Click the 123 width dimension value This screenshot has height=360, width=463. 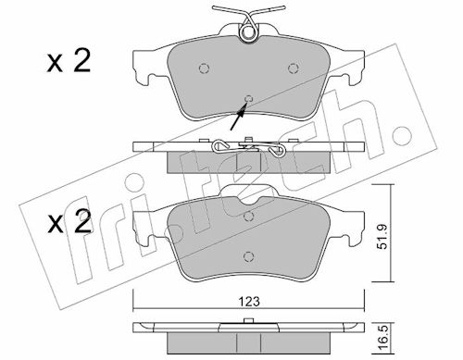click(250, 301)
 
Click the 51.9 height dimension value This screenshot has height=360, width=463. click(382, 237)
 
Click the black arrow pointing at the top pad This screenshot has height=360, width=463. click(238, 117)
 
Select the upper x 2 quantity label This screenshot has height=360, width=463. click(69, 62)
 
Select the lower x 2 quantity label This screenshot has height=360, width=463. click(69, 222)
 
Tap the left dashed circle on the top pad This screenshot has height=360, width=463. click(204, 68)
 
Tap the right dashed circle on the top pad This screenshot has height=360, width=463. click(293, 68)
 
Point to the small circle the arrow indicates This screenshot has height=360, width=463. click(248, 99)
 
